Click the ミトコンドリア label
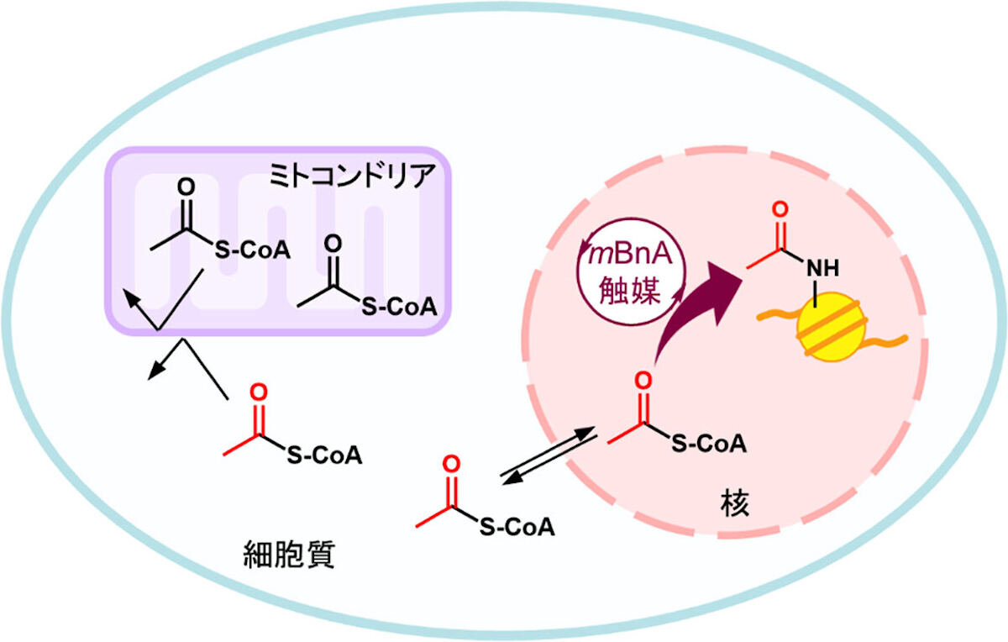[x=352, y=176]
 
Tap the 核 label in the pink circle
[x=734, y=504]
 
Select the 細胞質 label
[x=289, y=555]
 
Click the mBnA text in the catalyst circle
[x=631, y=255]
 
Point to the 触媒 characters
[x=630, y=291]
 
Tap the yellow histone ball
[x=831, y=327]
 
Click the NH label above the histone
[x=823, y=268]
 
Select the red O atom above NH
[x=780, y=210]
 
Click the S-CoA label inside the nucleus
[x=709, y=444]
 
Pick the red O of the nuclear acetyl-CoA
[x=643, y=381]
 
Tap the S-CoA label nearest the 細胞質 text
[x=324, y=455]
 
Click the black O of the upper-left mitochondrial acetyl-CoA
[x=186, y=187]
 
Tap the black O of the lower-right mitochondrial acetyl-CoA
[x=333, y=244]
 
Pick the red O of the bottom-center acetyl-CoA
[x=451, y=464]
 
